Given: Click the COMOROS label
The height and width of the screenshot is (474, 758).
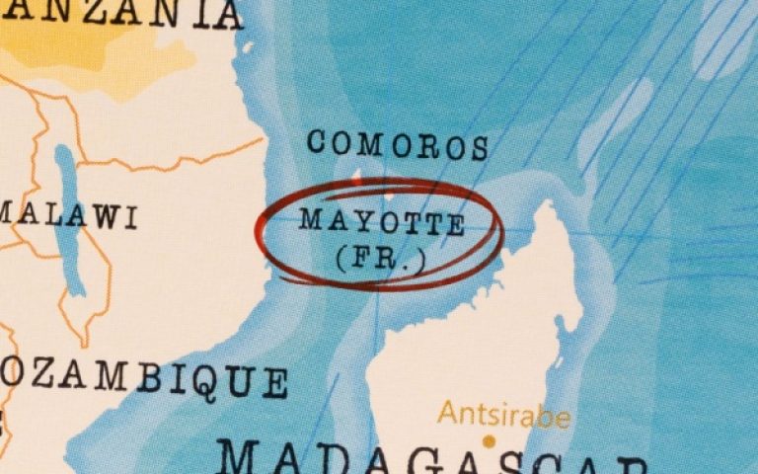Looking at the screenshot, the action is click(398, 144).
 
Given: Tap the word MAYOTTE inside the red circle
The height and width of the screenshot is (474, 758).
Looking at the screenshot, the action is click(382, 221).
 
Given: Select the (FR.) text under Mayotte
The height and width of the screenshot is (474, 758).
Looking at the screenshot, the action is click(381, 259).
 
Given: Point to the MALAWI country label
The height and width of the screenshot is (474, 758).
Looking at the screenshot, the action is click(69, 216).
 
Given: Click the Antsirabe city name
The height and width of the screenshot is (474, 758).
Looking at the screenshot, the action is click(503, 415).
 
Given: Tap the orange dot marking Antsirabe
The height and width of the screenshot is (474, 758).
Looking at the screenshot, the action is click(487, 441).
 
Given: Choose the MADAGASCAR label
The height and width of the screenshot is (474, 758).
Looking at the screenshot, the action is click(434, 460).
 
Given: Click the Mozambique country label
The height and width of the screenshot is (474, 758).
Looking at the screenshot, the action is click(138, 378).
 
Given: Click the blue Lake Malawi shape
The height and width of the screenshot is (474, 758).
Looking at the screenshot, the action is click(69, 217).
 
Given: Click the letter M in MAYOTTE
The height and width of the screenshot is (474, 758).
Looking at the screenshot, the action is click(310, 218).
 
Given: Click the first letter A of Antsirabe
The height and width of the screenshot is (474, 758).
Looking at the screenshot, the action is click(447, 413).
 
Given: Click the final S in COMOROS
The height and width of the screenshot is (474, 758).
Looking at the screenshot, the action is click(479, 148).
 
